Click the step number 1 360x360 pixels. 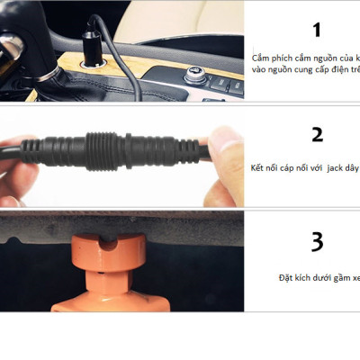click(x=316, y=31)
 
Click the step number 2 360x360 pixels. click(x=316, y=135)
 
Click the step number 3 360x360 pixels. click(x=316, y=241)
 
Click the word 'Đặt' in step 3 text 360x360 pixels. click(x=286, y=278)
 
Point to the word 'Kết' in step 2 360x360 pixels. click(x=261, y=168)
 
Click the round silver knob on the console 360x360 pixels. click(x=193, y=75)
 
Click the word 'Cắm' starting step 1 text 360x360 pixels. click(x=262, y=57)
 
